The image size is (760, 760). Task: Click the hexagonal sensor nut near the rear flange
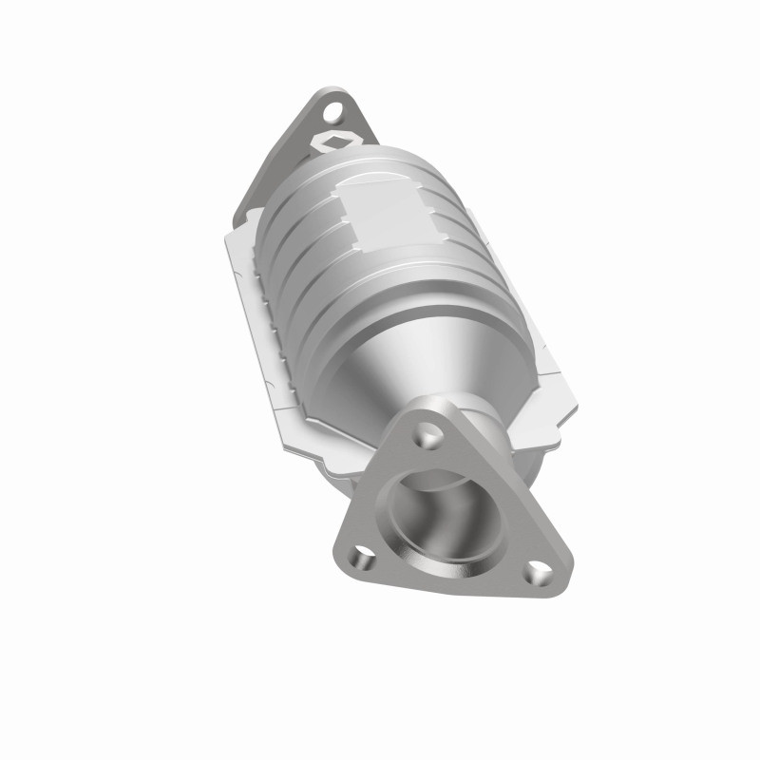[x=332, y=142]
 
